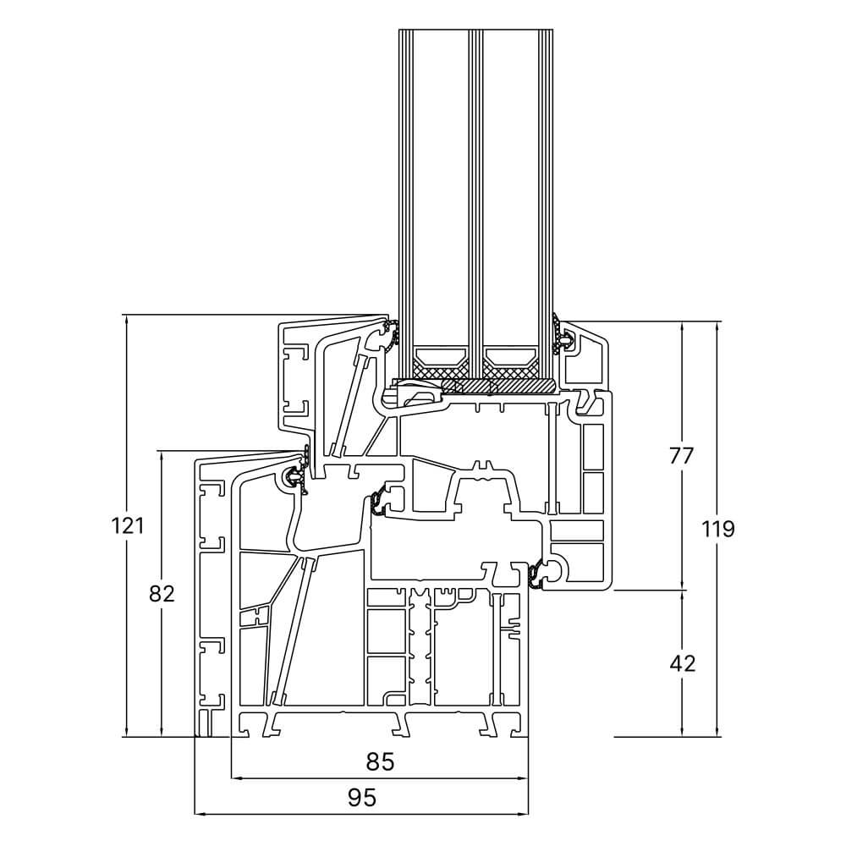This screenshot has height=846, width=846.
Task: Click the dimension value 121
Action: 127,525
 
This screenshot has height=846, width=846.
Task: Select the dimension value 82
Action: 161,594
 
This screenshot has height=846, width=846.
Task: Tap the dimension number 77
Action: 682,455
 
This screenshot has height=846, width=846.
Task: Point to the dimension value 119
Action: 718,529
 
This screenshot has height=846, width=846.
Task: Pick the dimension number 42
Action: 682,663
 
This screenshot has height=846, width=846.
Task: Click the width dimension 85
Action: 381,761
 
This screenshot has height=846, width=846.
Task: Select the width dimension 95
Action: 361,797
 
